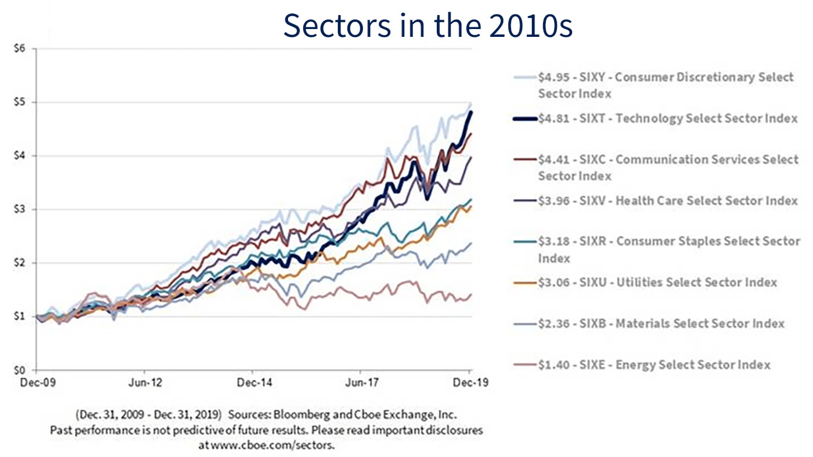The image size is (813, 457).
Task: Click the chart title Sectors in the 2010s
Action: (428, 25)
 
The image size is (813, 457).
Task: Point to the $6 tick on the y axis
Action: (21, 49)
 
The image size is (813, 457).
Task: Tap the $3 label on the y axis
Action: (21, 209)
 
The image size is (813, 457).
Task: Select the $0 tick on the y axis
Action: (21, 370)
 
